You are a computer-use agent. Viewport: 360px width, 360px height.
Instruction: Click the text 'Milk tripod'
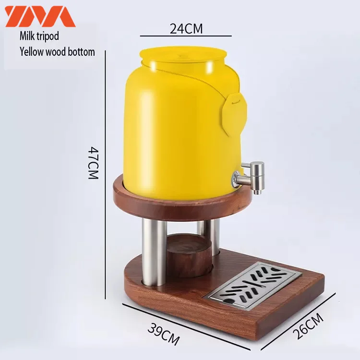click(x=40, y=36)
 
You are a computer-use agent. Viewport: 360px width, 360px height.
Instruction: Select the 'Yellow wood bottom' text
click(x=57, y=51)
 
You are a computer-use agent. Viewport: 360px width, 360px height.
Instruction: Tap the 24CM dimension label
click(x=186, y=28)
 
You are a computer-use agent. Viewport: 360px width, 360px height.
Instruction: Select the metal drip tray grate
click(x=253, y=286)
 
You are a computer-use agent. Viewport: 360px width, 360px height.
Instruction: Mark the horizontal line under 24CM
click(x=186, y=36)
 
